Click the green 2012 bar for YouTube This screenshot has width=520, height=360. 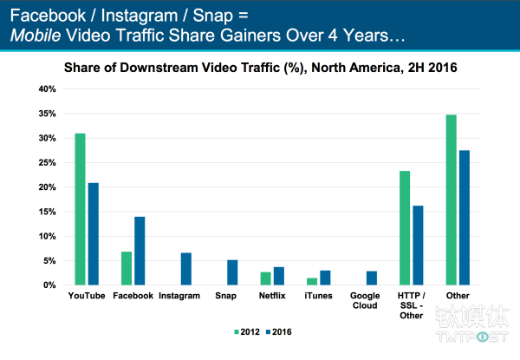(80, 209)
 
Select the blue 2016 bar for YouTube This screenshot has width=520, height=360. (92, 234)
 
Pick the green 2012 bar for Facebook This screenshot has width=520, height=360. (127, 268)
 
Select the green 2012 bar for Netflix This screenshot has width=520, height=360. (266, 278)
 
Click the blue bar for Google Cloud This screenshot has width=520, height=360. (371, 278)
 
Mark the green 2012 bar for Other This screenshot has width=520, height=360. (451, 200)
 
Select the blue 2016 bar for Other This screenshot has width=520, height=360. (464, 218)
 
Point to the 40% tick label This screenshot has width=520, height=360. (47, 89)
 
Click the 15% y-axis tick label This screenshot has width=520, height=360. (47, 212)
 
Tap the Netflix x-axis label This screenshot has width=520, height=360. (271, 296)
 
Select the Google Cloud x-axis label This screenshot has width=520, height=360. (364, 301)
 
